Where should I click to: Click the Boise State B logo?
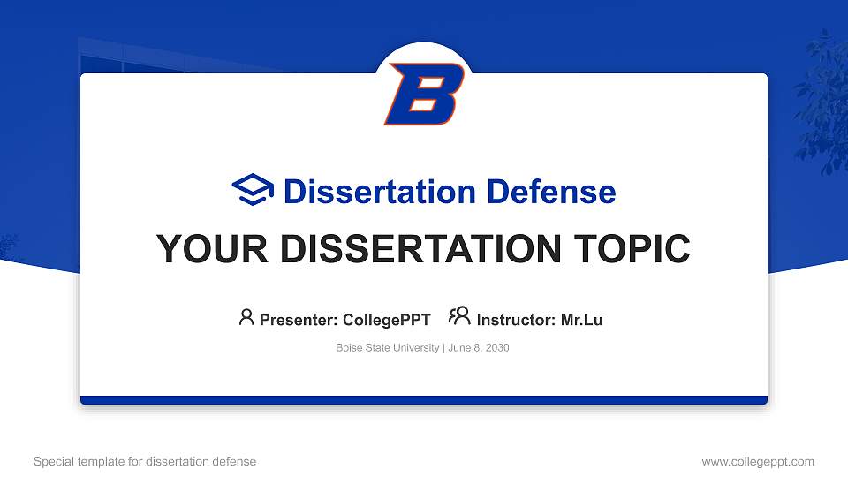coord(424,93)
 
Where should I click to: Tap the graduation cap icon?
coord(254,191)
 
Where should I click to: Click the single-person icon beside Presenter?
coord(246,317)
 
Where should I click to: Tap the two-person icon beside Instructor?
coord(459,316)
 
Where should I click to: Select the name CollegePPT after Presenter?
coord(386,320)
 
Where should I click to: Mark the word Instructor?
coord(516,320)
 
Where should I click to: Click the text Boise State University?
coord(387,348)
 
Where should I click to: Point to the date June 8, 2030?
coord(479,348)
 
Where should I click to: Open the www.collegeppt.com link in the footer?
coord(757,461)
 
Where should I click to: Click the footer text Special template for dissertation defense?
coord(145,461)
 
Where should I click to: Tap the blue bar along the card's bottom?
coord(424,400)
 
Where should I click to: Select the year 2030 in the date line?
coord(496,348)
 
